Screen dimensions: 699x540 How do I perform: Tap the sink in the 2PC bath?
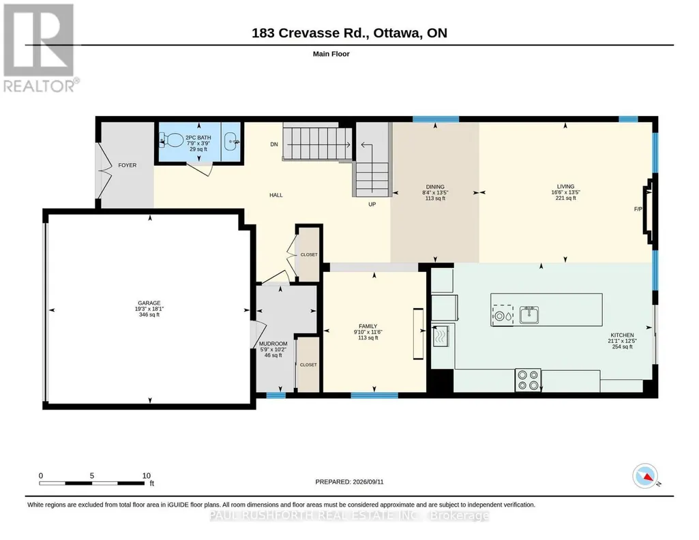click(x=231, y=142)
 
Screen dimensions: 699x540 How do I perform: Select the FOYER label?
click(x=128, y=165)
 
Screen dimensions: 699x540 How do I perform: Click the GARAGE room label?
click(x=149, y=303)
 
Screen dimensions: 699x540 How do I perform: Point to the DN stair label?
click(x=274, y=145)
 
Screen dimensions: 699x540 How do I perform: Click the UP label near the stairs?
click(x=372, y=205)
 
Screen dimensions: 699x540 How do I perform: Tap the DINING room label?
click(x=435, y=187)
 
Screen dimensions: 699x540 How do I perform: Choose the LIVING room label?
click(x=566, y=187)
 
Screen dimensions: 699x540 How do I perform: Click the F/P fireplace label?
click(x=638, y=209)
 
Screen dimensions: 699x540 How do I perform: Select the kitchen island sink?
click(x=529, y=315)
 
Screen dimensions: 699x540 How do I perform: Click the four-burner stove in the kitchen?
click(x=529, y=380)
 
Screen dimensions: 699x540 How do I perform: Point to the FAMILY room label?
click(x=368, y=326)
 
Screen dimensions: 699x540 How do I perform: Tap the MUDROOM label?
click(x=273, y=344)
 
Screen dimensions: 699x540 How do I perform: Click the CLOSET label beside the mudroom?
click(x=308, y=365)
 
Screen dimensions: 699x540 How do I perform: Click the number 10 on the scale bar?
click(x=146, y=476)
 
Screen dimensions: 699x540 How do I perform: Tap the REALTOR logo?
click(x=40, y=48)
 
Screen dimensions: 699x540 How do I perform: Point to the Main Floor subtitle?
click(x=331, y=54)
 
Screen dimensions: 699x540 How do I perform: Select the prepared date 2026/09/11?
click(x=368, y=482)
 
